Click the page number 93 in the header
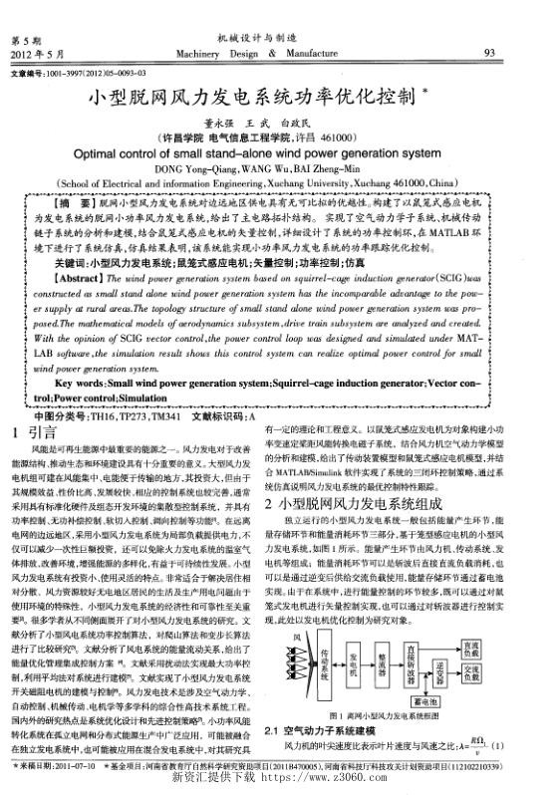(489, 53)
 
